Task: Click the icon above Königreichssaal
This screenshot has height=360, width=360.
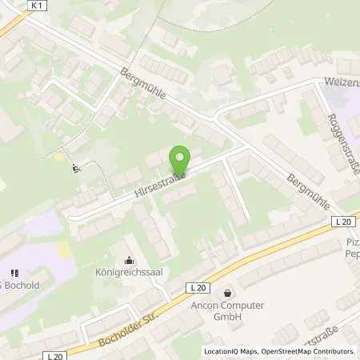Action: tap(130, 260)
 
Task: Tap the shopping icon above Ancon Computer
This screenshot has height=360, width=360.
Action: tap(230, 294)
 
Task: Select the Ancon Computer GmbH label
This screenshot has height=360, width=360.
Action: tap(230, 310)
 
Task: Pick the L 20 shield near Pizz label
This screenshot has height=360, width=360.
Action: tap(344, 221)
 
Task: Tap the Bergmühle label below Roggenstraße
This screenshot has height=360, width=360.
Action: tap(307, 192)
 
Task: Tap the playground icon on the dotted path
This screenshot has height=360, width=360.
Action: tap(76, 168)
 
